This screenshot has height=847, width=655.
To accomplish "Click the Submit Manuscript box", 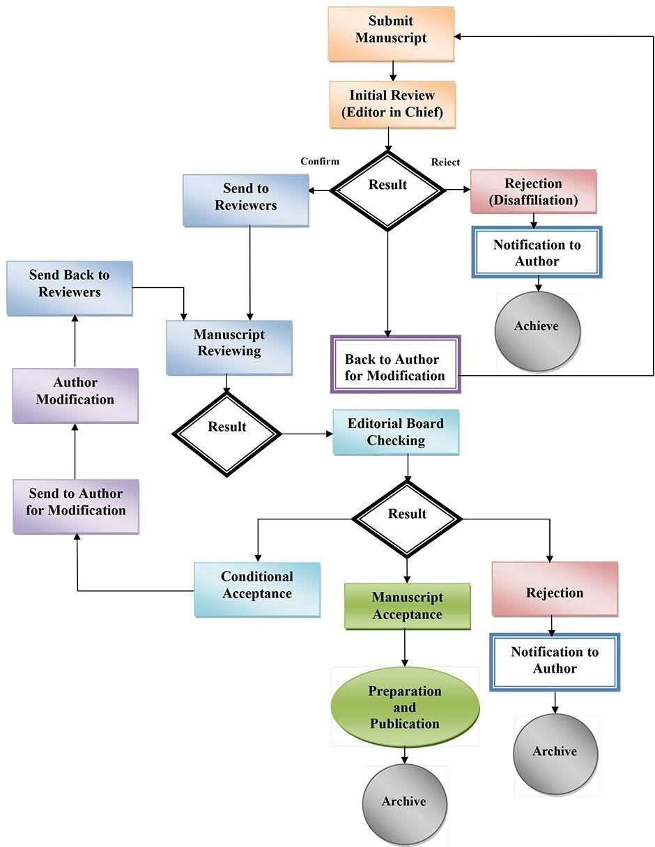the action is pos(391,34).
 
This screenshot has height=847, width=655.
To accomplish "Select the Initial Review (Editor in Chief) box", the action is pos(392,105).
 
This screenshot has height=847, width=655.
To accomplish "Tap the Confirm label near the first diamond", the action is pos(320,161).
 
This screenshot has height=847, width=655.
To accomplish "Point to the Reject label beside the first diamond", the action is pos(445,162).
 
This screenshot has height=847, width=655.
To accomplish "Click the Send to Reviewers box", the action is pos(246,200).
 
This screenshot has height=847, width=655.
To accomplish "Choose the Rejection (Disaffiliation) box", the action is pos(534,192).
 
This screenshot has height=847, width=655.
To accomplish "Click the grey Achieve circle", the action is pos(537,331).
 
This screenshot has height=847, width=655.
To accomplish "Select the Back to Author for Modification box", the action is pos(396,364).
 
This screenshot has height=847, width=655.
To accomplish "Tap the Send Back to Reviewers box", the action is pos(70,288).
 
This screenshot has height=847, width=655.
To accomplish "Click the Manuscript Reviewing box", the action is pos(229,348).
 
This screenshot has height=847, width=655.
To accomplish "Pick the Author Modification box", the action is pos(75,396).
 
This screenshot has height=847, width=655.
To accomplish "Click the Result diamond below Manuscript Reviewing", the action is pos(226,434).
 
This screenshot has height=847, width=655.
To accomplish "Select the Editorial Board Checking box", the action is pos(396,432).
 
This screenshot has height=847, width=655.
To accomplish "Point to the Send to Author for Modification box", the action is pos(76,506).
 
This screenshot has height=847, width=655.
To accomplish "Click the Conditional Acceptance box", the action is pos(257,589).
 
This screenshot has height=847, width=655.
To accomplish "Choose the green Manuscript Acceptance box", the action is pos(408,606).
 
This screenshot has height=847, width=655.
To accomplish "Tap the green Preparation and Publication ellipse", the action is pos(405,707).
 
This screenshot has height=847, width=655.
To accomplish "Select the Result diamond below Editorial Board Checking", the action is pos(407,519).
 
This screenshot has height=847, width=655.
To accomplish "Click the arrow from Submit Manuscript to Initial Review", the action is pos(393,71).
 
